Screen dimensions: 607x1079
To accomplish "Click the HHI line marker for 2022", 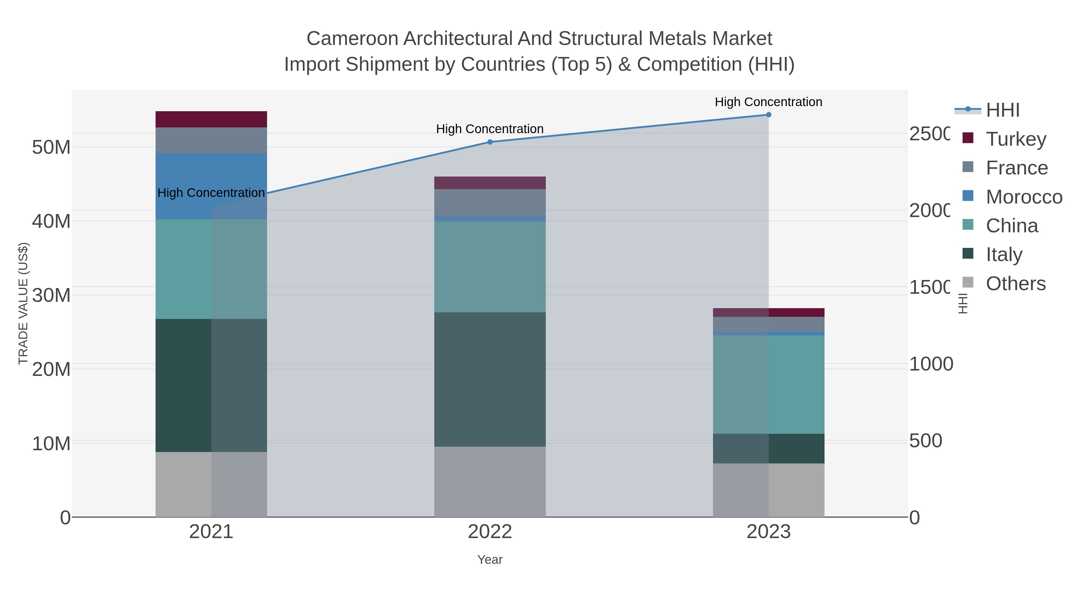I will (490, 142).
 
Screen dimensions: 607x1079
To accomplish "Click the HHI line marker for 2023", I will (768, 115).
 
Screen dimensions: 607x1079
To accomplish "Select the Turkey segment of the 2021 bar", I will (211, 119).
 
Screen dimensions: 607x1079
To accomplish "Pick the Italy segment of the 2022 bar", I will (490, 379).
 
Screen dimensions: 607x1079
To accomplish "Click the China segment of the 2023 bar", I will (768, 384).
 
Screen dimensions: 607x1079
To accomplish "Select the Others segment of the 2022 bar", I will (490, 481).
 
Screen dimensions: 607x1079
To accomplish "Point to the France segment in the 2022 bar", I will (490, 202).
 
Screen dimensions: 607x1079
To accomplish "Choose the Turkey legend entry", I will (1016, 139).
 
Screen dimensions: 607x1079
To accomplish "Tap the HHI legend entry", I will (1002, 110).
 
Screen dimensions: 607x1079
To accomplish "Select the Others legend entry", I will (1015, 284).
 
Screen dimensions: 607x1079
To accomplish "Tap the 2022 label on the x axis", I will (490, 532).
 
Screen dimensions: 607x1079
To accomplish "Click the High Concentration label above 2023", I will (768, 102).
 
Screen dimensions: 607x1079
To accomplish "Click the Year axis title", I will (490, 560).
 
